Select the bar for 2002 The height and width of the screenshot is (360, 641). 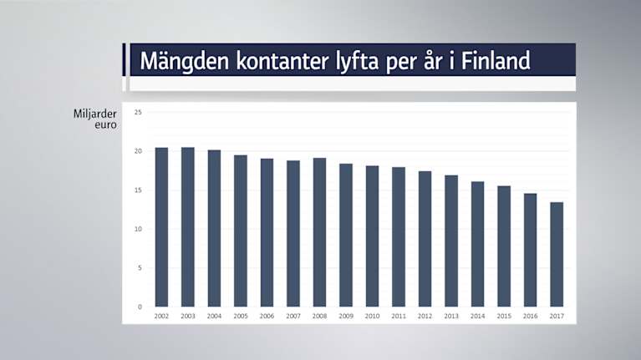tap(161, 227)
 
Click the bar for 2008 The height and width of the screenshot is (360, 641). tap(319, 232)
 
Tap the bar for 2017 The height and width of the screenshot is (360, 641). tap(557, 254)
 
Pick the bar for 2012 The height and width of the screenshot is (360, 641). tap(425, 239)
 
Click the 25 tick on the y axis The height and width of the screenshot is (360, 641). tap(138, 112)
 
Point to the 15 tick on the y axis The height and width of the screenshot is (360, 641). tap(138, 190)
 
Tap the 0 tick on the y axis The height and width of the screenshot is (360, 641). tap(140, 307)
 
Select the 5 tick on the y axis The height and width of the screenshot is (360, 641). tap(140, 268)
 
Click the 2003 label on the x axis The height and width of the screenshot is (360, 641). tap(188, 317)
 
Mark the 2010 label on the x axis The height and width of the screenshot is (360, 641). tap(372, 317)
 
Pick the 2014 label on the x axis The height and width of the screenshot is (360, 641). tap(477, 317)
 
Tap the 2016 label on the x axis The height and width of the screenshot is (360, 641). tap(530, 317)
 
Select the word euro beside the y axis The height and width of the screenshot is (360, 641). tap(106, 125)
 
